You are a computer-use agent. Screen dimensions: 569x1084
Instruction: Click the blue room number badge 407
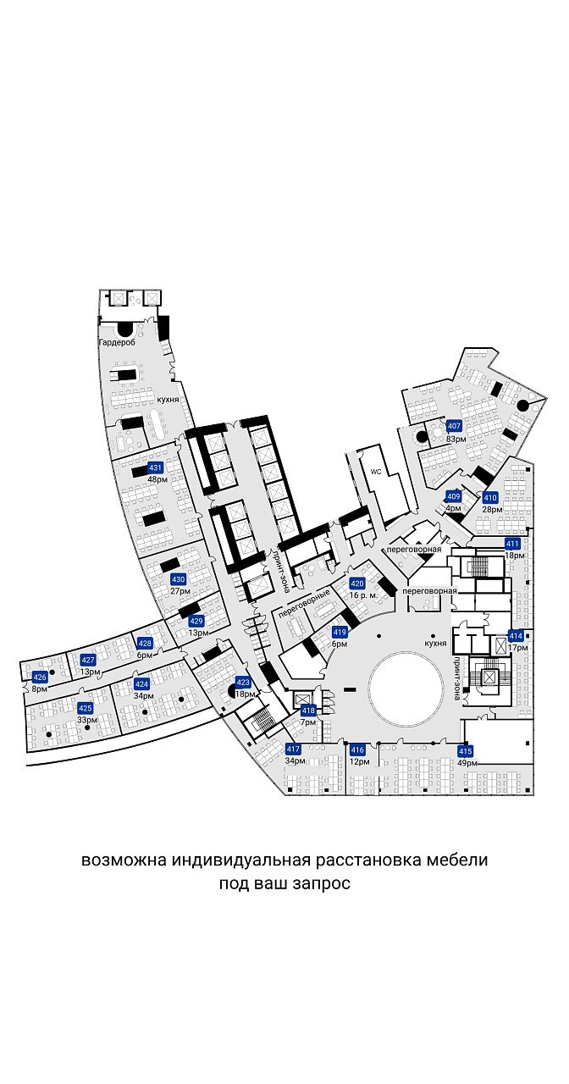(454, 426)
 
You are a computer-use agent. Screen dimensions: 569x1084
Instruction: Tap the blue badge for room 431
(155, 468)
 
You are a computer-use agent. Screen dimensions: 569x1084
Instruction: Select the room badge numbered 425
(86, 709)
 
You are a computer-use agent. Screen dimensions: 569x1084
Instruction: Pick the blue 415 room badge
(465, 751)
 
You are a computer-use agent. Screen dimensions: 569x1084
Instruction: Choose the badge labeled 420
(357, 583)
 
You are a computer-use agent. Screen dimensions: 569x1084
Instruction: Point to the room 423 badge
(243, 683)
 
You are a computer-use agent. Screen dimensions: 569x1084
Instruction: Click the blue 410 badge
(490, 497)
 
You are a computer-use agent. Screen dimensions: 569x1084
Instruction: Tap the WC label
(377, 471)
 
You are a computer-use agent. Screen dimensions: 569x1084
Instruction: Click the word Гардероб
(117, 343)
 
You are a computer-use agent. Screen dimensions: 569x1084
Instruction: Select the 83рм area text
(456, 439)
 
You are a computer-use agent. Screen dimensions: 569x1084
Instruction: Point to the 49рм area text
(467, 763)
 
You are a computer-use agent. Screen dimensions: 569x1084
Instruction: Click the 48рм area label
(157, 479)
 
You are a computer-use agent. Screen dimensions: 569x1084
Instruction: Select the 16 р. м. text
(363, 595)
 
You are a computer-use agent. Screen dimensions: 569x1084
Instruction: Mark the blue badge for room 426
(40, 677)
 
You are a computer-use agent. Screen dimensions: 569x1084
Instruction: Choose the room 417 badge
(293, 749)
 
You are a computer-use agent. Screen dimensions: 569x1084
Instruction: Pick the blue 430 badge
(178, 579)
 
